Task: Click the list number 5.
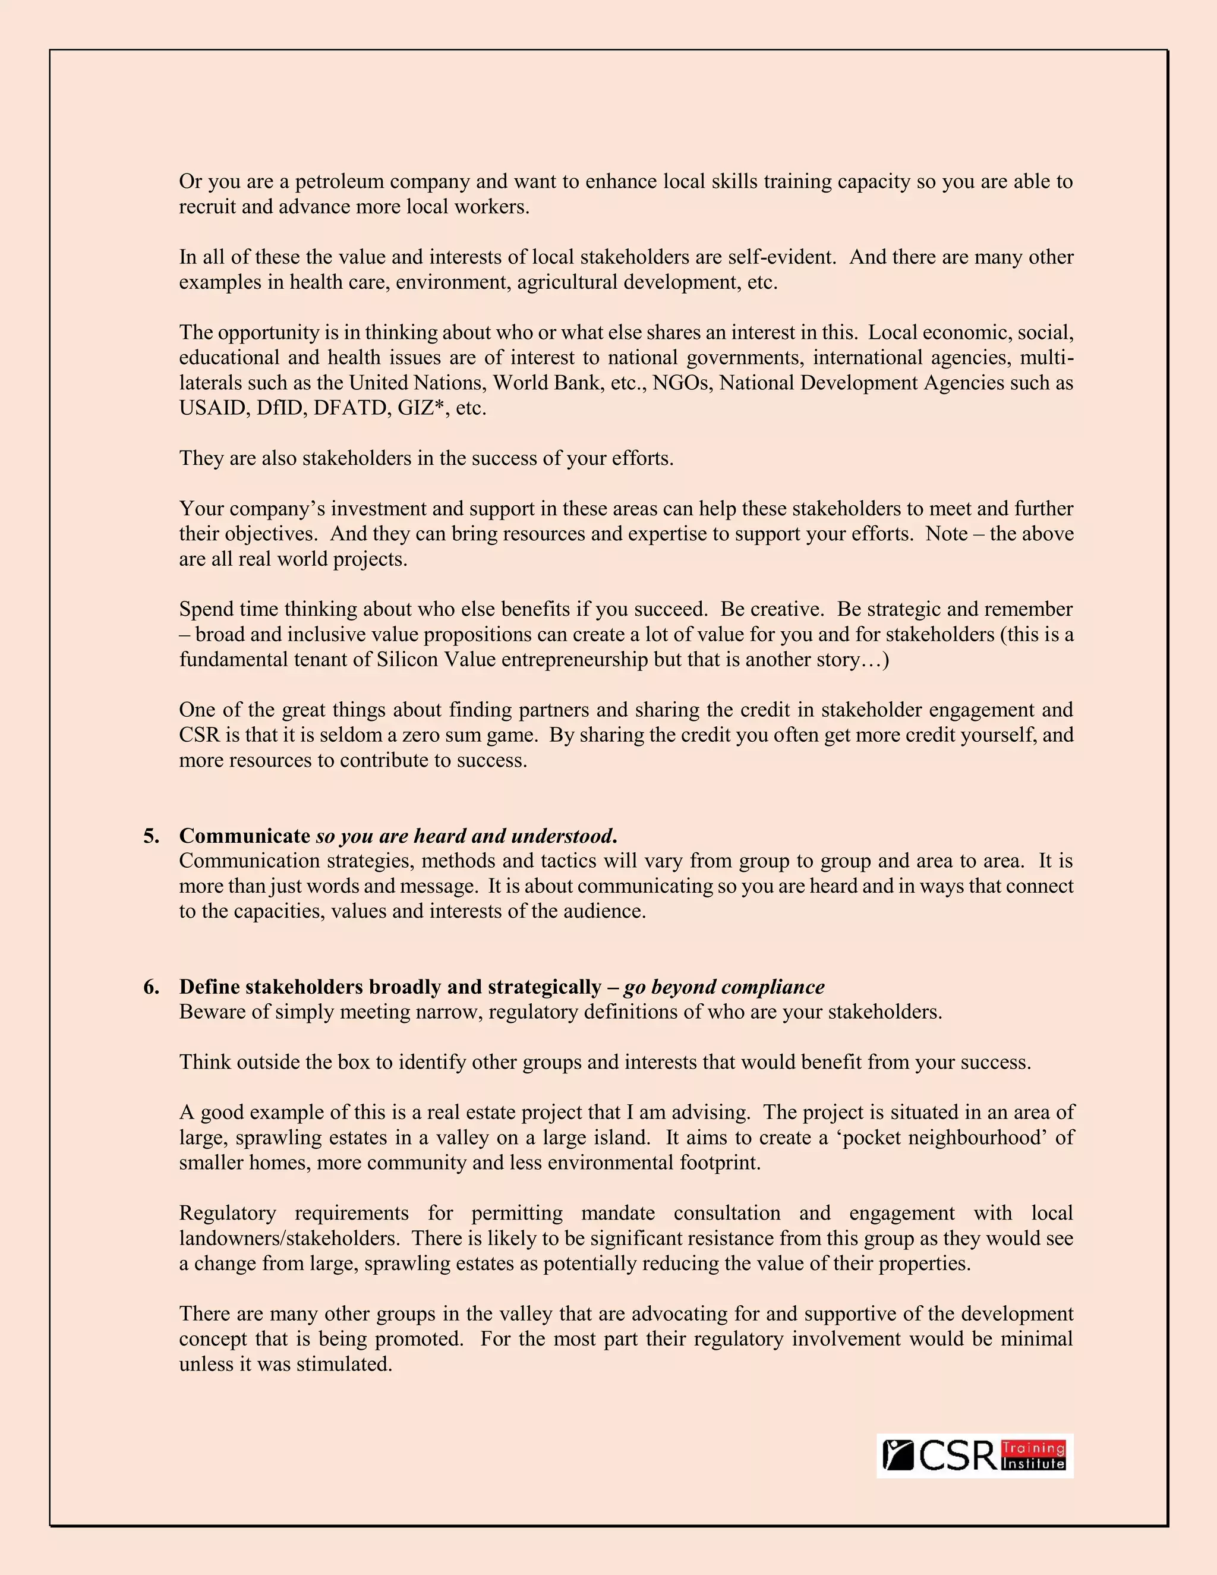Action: point(151,837)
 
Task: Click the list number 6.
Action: point(151,987)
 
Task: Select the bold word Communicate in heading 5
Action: point(244,837)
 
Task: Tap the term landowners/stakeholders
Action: point(288,1239)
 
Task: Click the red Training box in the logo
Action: point(1033,1448)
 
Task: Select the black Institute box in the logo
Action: point(1033,1464)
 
